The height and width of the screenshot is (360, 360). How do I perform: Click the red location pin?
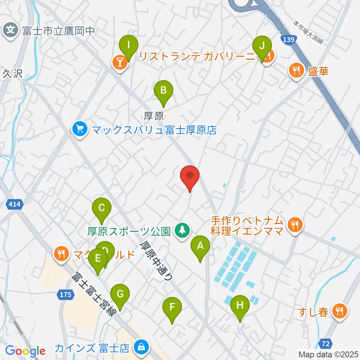(x=190, y=176)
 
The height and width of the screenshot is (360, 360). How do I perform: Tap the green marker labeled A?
(x=200, y=247)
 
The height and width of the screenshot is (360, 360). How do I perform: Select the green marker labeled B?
(x=163, y=91)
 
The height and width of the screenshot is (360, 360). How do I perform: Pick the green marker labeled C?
(x=102, y=208)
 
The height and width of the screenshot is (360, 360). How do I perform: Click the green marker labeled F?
(x=172, y=308)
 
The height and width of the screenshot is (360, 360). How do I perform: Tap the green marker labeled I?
(x=129, y=46)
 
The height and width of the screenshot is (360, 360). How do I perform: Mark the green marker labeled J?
(x=262, y=46)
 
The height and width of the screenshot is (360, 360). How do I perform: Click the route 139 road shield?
(x=288, y=39)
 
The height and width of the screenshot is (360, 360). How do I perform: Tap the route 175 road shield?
(x=65, y=295)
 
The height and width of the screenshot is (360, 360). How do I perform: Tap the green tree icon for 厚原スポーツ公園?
(x=183, y=231)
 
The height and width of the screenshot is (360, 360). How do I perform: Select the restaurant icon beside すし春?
(x=340, y=311)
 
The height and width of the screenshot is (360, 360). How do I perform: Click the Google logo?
(x=25, y=351)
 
